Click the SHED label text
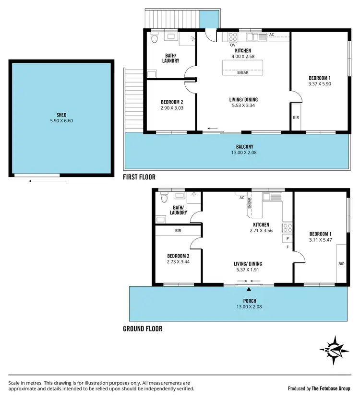pos(61,114)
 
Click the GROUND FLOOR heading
pos(143,329)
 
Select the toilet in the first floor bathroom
pos(155,39)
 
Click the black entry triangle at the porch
pos(249,289)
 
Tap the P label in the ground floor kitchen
pos(288,238)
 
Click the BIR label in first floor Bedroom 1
pos(296,117)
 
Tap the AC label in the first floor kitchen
pos(272,35)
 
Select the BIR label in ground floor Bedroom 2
pos(178,231)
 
